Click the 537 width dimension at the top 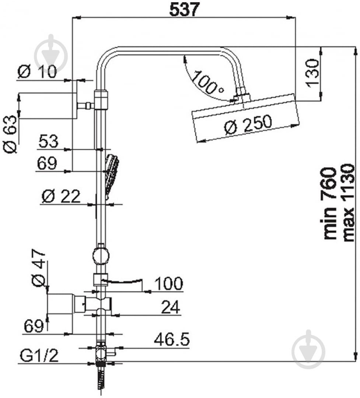[185, 10]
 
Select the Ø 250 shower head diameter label [248, 125]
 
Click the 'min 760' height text [330, 203]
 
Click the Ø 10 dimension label [37, 72]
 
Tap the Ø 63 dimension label [10, 134]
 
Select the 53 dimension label [48, 141]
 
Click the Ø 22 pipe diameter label [61, 196]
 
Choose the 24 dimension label [171, 307]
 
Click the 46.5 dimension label [172, 339]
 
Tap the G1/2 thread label [39, 356]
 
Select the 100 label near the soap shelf [168, 283]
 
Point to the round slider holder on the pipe [101, 256]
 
